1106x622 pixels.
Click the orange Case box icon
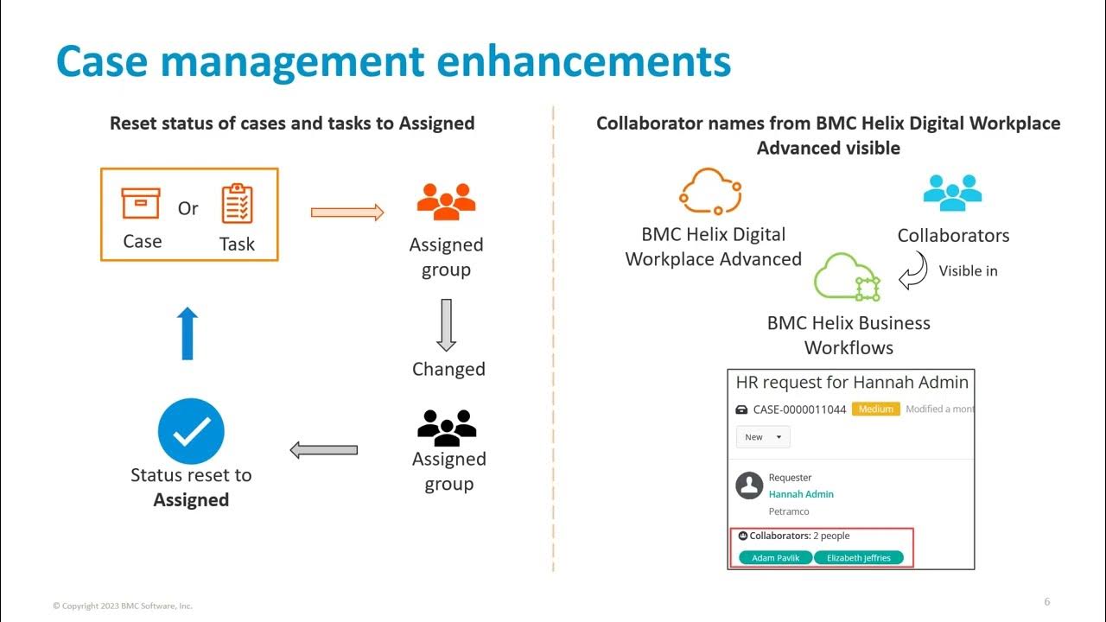click(x=141, y=204)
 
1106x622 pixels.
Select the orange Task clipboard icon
click(x=237, y=204)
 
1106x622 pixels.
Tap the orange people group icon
click(x=446, y=200)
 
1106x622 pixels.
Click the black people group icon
click(x=447, y=427)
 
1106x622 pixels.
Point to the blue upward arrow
click(x=188, y=333)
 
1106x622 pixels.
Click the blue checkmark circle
click(x=191, y=432)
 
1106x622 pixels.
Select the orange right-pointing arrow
click(x=347, y=212)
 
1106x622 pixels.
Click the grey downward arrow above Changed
click(x=446, y=325)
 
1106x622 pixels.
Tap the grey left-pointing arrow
click(x=324, y=449)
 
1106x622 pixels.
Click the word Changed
click(x=448, y=369)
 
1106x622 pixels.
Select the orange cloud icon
click(x=710, y=191)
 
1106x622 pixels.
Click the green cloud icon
click(x=847, y=277)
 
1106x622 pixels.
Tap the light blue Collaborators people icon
click(x=952, y=193)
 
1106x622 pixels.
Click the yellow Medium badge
click(x=875, y=409)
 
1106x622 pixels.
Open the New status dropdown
click(x=762, y=437)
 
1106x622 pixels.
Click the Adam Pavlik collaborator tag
click(x=775, y=558)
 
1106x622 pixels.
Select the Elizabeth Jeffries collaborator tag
click(x=858, y=558)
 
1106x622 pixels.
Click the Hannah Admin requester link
click(x=801, y=494)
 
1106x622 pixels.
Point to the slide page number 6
click(x=1047, y=602)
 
